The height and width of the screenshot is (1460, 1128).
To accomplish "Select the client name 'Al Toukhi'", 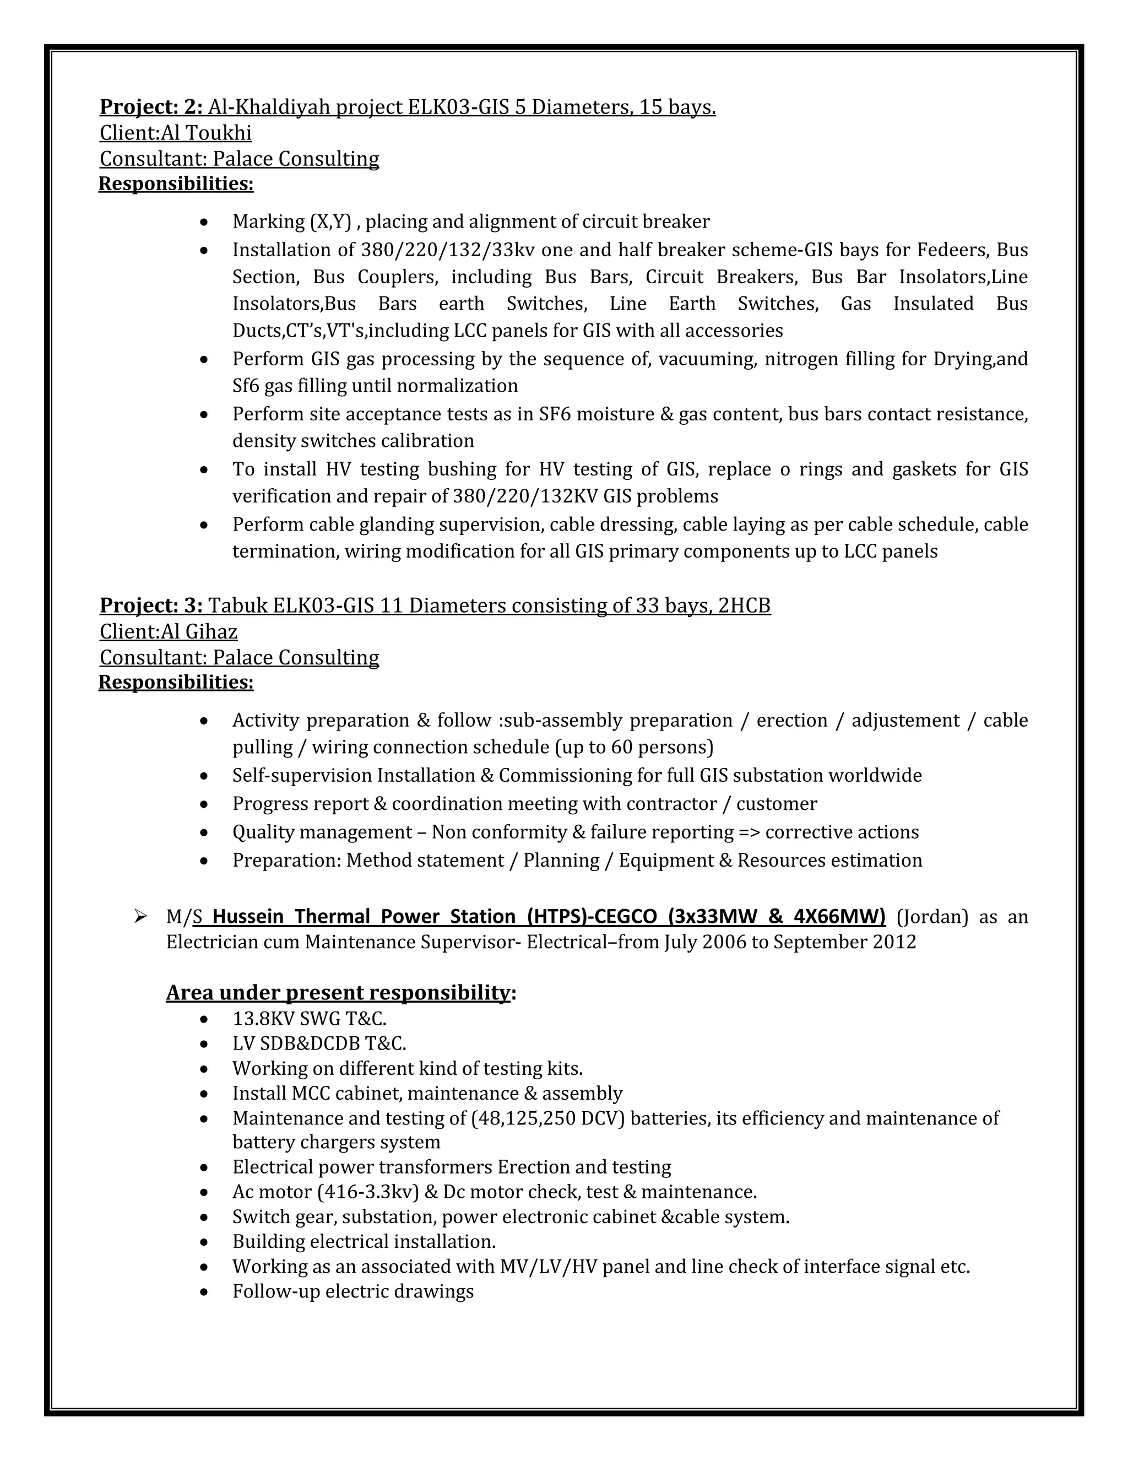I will tap(207, 133).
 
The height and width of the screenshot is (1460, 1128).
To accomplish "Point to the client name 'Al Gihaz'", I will tap(199, 632).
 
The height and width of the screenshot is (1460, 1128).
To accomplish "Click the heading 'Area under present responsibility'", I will tap(338, 993).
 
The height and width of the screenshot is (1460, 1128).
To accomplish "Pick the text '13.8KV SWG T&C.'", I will tap(310, 1019).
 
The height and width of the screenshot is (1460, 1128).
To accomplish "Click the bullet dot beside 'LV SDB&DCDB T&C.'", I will tap(204, 1044).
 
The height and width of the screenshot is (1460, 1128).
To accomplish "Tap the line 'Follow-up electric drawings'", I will tap(353, 1291).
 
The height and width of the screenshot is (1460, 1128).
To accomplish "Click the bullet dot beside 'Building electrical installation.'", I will tap(204, 1242).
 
